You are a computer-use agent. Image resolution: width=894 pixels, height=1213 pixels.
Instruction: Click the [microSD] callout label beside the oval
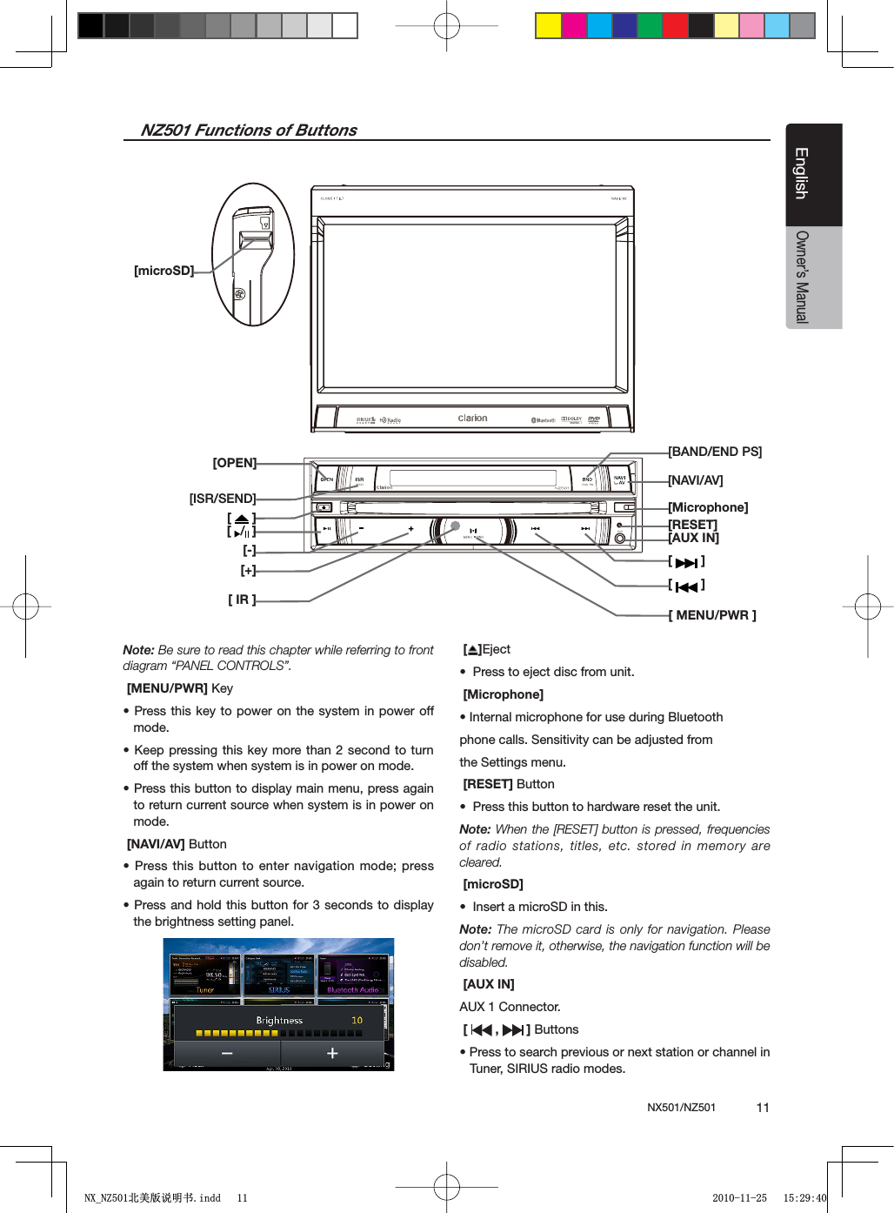[163, 271]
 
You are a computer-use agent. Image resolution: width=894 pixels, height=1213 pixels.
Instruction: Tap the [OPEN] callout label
[235, 463]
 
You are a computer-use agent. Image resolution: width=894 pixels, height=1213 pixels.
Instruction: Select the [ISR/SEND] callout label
[223, 499]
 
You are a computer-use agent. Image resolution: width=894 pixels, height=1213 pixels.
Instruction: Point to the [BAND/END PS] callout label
[715, 452]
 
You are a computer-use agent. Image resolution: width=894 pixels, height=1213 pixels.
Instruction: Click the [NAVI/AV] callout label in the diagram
[696, 480]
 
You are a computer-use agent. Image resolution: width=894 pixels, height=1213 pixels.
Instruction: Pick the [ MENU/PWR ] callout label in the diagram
[712, 615]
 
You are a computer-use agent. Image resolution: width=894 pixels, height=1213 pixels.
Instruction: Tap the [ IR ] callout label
[242, 600]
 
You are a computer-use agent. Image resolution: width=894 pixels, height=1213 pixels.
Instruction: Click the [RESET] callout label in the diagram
[693, 524]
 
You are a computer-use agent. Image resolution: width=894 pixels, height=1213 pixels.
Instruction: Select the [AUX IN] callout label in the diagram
[694, 538]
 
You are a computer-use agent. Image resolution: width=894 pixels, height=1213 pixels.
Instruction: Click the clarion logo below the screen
[472, 419]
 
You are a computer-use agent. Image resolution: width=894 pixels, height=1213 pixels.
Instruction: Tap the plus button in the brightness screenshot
[332, 1054]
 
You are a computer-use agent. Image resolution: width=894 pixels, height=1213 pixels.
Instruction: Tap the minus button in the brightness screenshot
[227, 1054]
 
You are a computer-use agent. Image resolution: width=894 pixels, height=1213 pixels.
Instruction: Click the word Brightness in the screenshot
[279, 1021]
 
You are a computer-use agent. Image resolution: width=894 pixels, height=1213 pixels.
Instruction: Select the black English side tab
[813, 174]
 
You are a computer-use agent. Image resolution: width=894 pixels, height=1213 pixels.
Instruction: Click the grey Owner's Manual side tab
[813, 277]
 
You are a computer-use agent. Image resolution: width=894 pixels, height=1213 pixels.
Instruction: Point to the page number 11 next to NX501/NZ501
[763, 1108]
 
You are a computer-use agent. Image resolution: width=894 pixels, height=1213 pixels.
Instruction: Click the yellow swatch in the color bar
[548, 26]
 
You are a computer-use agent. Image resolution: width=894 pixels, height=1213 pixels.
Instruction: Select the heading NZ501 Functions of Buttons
[249, 131]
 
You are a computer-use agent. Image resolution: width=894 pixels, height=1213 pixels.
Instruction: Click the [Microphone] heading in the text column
[504, 694]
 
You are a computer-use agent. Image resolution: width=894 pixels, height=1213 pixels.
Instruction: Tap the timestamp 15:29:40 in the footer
[804, 1198]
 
